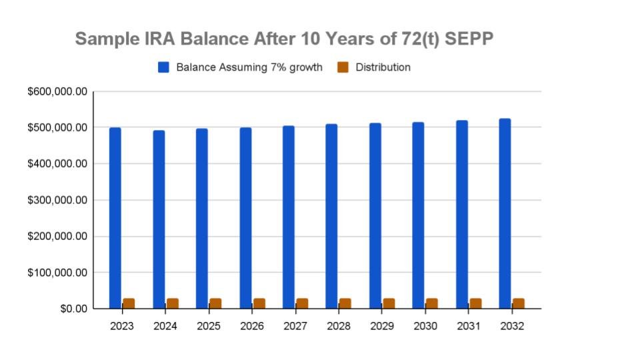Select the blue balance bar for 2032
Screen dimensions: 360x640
[x=505, y=213]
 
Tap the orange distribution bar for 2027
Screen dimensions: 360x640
[x=302, y=303]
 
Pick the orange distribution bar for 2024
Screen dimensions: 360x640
[x=172, y=303]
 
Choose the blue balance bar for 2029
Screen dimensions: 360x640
[x=375, y=216]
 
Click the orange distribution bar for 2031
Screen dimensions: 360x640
[x=475, y=303]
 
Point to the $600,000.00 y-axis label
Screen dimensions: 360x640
[x=57, y=91]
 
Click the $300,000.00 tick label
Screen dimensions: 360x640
[x=57, y=200]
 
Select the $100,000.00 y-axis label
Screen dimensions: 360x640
[x=57, y=273]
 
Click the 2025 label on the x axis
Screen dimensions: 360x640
[x=209, y=326]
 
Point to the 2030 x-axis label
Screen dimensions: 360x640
[x=425, y=326]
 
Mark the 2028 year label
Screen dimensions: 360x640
[x=339, y=326]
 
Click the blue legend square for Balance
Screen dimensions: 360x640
[x=164, y=67]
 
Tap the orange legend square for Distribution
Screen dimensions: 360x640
[x=343, y=67]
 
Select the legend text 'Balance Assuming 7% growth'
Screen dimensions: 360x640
[x=249, y=67]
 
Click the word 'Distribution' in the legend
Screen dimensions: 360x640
[x=383, y=67]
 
